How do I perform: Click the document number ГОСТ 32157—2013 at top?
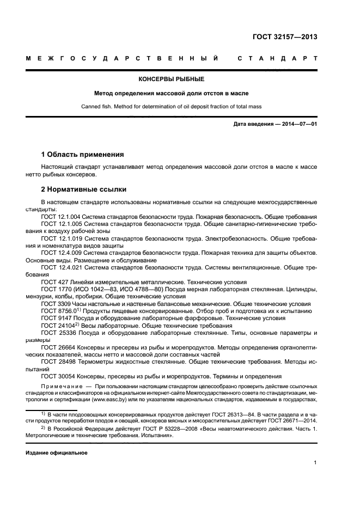pyautogui.click(x=285, y=37)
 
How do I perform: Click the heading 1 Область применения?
pyautogui.click(x=83, y=155)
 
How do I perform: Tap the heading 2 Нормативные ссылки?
pyautogui.click(x=84, y=189)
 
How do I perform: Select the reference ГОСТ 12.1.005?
pyautogui.click(x=60, y=224)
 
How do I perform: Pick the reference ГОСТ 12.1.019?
pyautogui.click(x=60, y=238)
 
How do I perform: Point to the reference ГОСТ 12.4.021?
pyautogui.click(x=60, y=268)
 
